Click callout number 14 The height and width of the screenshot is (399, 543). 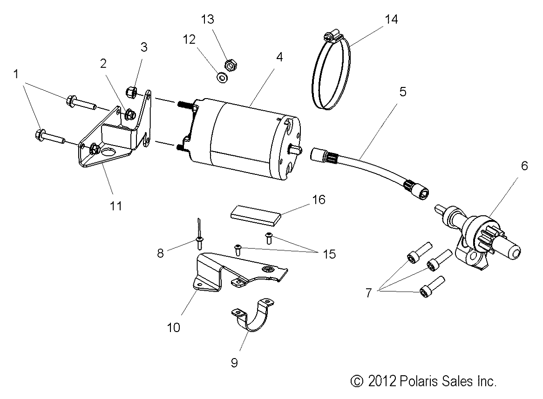(392, 20)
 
